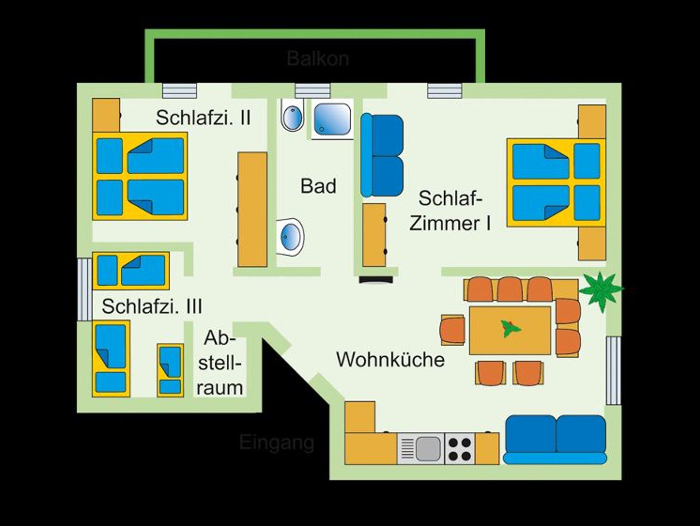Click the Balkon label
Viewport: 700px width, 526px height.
(318, 59)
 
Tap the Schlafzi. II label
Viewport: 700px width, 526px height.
(203, 118)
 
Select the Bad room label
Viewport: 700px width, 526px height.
(318, 186)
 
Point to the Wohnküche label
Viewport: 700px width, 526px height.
(390, 359)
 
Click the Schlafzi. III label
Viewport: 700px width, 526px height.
(152, 306)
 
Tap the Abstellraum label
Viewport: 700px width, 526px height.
(220, 363)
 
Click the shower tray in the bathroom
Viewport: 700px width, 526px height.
(332, 119)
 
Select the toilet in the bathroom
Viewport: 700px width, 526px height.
(292, 115)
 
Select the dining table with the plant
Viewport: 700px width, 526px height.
(510, 330)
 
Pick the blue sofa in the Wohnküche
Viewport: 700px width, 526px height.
(555, 440)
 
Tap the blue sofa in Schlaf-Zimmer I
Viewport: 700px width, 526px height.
(382, 156)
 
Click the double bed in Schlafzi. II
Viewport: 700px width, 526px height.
(140, 176)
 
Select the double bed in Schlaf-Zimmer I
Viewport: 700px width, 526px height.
(556, 182)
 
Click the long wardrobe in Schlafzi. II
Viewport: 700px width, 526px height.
(252, 209)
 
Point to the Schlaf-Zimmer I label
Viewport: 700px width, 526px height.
(450, 211)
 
